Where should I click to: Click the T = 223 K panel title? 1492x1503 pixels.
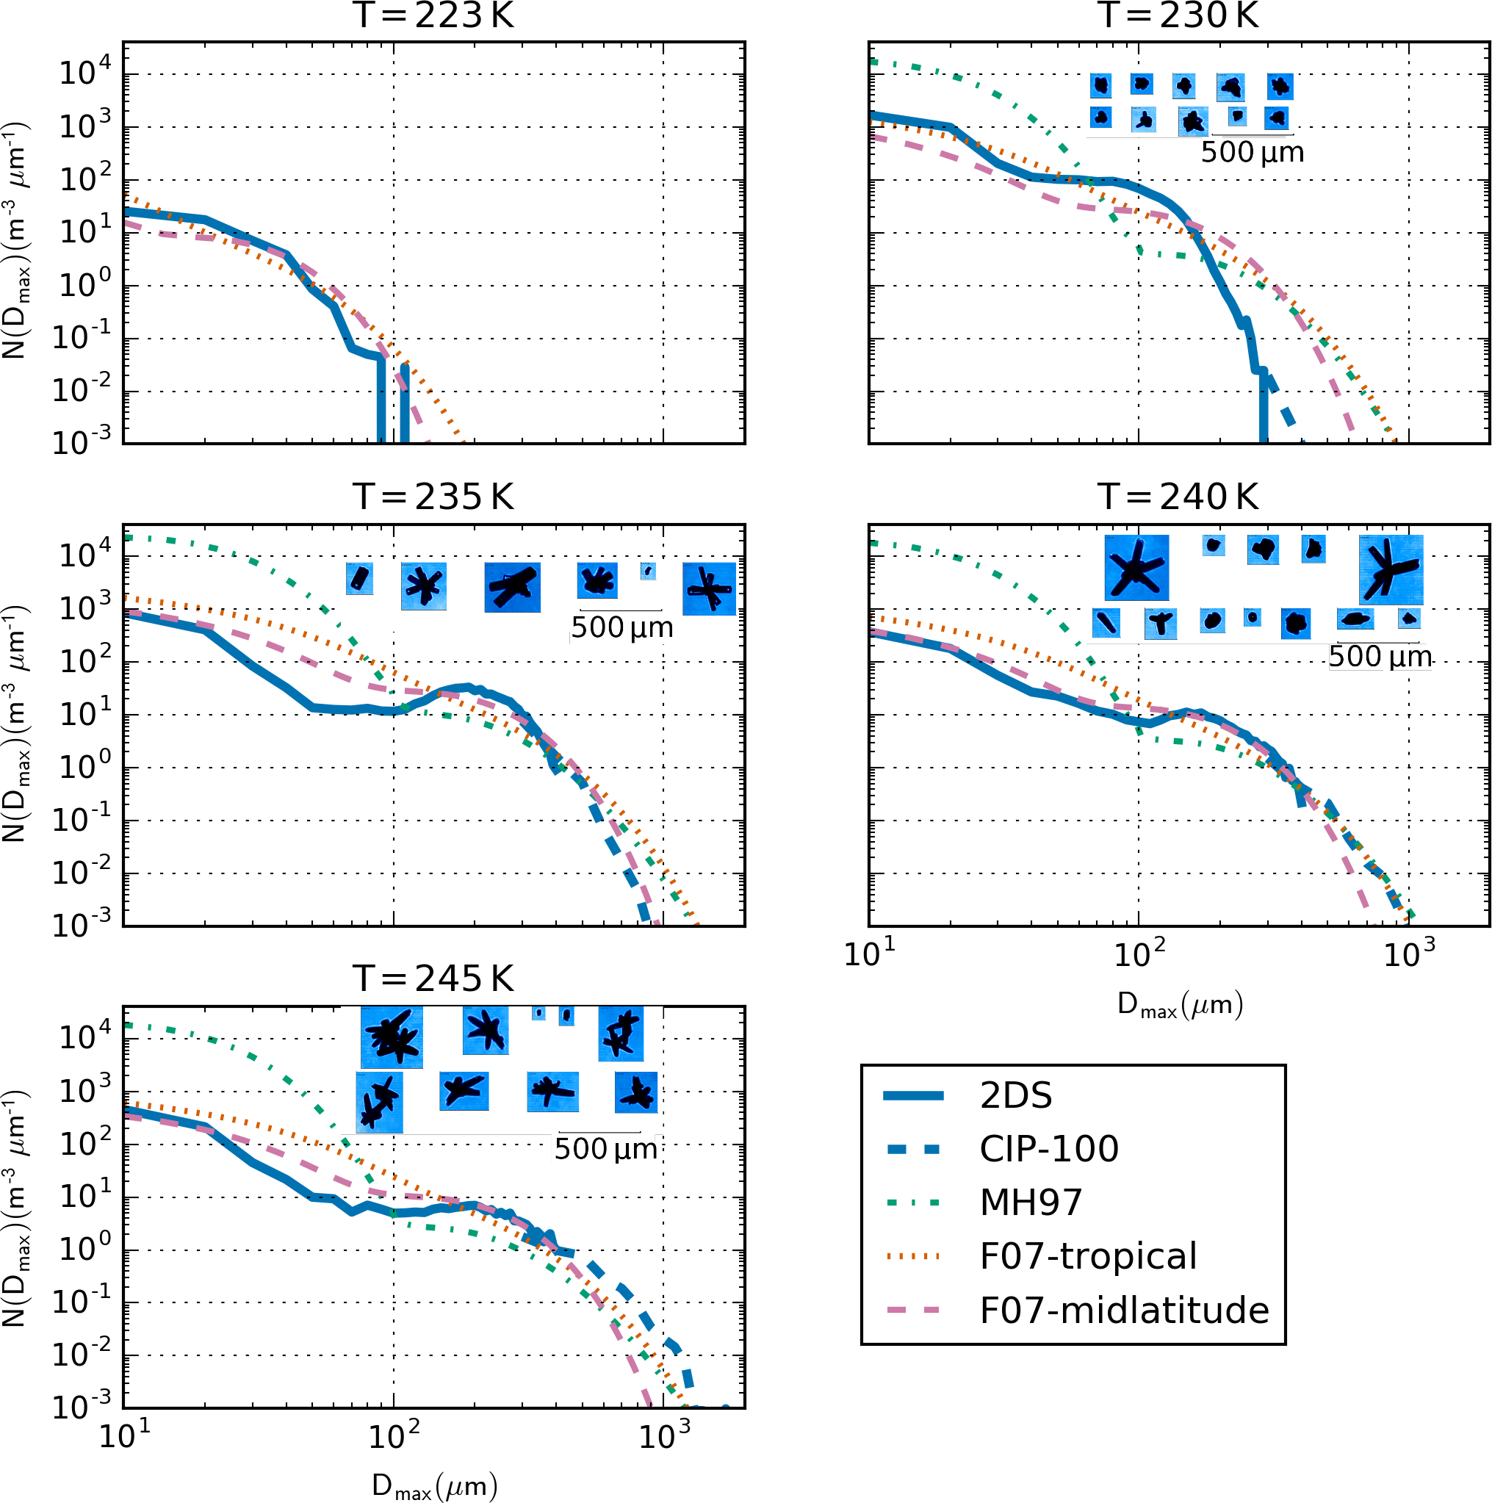[433, 15]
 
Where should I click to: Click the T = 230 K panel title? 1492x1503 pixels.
[1178, 15]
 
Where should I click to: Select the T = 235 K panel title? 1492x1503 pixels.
[433, 497]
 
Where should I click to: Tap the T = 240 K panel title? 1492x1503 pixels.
[1178, 497]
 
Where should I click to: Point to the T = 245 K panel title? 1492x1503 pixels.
[433, 978]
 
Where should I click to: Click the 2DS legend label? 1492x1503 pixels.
[1015, 1096]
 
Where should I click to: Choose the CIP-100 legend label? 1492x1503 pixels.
[1048, 1149]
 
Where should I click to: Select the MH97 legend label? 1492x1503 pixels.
[1031, 1203]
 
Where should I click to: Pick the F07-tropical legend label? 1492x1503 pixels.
[1087, 1256]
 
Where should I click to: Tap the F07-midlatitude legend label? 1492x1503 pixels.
[1123, 1311]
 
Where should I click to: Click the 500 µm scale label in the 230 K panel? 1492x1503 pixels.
[1252, 153]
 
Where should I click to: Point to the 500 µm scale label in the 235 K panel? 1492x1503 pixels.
[621, 628]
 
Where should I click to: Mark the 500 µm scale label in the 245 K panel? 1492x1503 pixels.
[605, 1149]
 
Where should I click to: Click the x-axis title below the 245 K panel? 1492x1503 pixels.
[433, 1485]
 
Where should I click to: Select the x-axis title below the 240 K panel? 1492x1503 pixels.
[1179, 1004]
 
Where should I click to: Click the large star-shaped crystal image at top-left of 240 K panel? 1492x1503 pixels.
[1136, 568]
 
